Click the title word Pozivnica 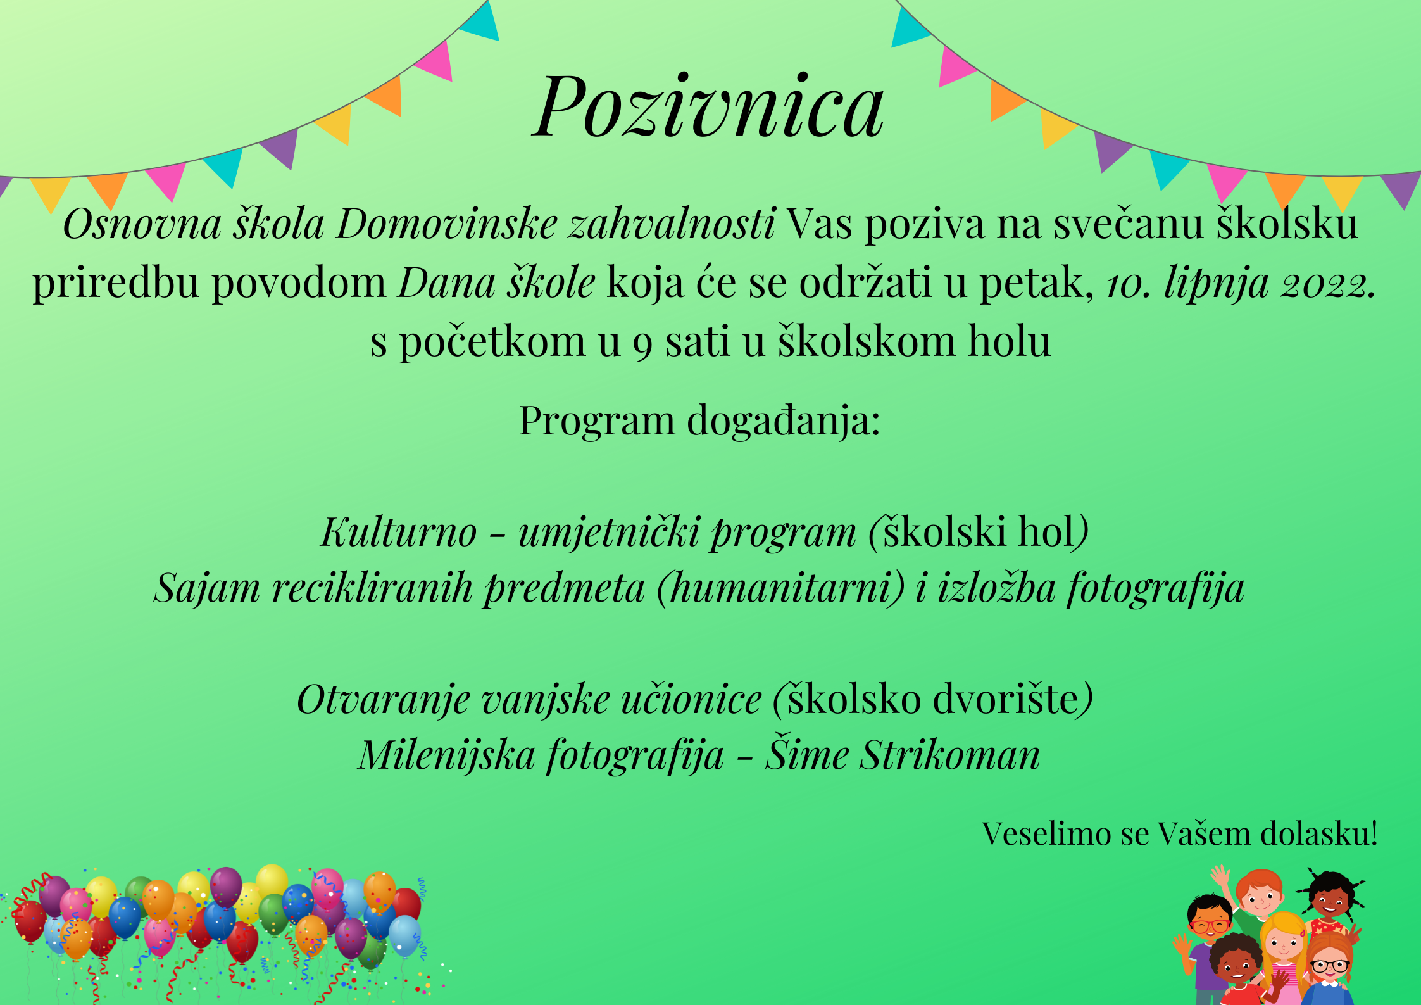(708, 106)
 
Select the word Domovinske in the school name (446, 224)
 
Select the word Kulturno (399, 532)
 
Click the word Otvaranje (384, 700)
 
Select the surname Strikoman (949, 755)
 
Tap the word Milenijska (446, 756)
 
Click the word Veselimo (1044, 833)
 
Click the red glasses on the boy (1210, 926)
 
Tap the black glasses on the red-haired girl (1330, 966)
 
